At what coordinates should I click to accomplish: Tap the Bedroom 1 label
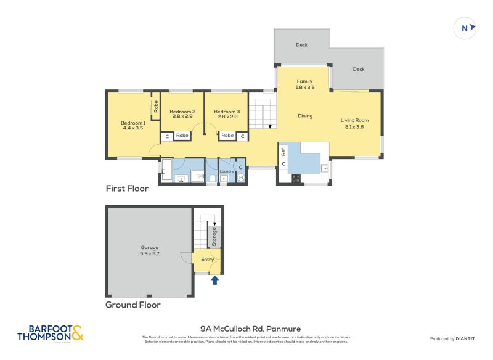click(x=132, y=125)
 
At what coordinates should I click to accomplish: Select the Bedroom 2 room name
click(x=183, y=114)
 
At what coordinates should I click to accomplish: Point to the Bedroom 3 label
click(x=226, y=114)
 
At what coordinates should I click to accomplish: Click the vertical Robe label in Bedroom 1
click(x=157, y=105)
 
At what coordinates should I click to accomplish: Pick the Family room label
click(x=305, y=84)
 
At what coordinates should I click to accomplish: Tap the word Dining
click(x=305, y=116)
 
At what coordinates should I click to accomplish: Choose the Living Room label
click(x=354, y=123)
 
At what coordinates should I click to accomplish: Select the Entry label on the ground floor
click(x=208, y=260)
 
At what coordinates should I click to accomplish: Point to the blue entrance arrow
click(x=214, y=281)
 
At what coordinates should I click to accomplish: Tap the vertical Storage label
click(x=214, y=237)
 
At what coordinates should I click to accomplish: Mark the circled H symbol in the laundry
click(x=240, y=178)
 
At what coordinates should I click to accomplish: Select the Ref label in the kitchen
click(x=283, y=150)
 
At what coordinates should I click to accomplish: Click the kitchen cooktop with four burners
click(x=296, y=178)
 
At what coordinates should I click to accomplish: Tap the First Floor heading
click(x=127, y=189)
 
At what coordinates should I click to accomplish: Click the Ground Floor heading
click(x=132, y=305)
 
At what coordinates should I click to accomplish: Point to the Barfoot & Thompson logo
click(x=50, y=333)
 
